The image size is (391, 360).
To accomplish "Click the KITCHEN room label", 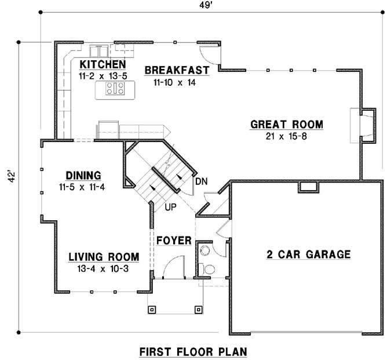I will [102, 64].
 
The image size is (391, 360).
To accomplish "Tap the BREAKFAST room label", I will [176, 70].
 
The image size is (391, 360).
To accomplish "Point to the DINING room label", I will [83, 174].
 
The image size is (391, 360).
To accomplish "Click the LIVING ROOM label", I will [104, 256].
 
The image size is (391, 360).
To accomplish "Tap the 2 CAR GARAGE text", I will [308, 254].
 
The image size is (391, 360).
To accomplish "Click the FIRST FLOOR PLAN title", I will [193, 351].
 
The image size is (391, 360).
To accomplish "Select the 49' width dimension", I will [207, 6].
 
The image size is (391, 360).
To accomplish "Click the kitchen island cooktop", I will [115, 88].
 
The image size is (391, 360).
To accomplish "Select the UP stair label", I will [170, 206].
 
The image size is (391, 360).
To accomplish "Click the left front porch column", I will [152, 309].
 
